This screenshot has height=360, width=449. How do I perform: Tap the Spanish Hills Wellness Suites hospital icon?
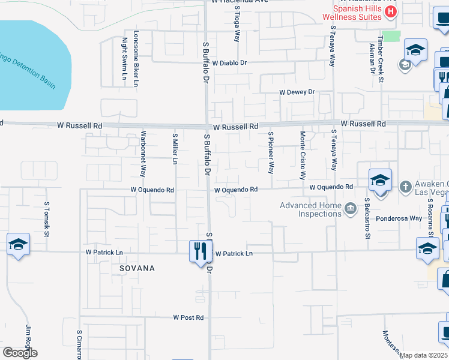coord(391,11)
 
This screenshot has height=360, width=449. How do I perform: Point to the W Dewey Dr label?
coord(297,92)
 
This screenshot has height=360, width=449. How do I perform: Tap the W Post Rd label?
coord(188,317)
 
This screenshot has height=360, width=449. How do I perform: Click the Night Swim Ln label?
coord(124,59)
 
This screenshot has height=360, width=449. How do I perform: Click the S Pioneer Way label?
coord(271,152)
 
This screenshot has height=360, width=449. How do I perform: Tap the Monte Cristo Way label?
coord(303,155)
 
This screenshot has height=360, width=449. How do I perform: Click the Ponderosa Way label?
coord(399,218)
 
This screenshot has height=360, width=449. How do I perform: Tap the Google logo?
coord(19,353)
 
